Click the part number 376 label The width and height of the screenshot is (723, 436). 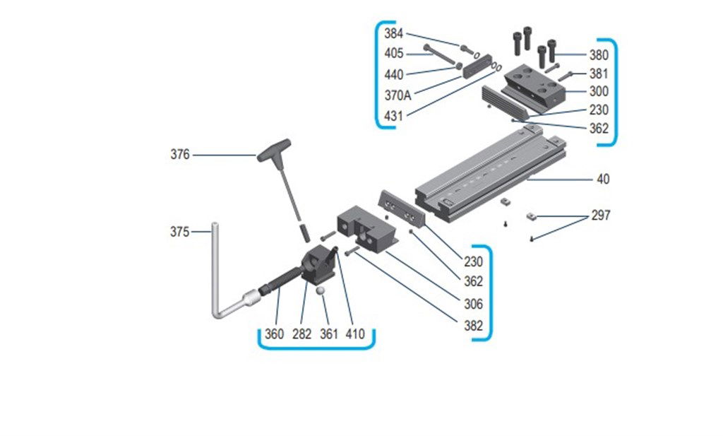(x=180, y=155)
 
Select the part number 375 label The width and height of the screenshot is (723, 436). (x=180, y=231)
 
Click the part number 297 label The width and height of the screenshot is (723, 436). (x=602, y=215)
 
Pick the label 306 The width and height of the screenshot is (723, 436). (x=473, y=305)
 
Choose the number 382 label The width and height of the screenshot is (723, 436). (x=473, y=326)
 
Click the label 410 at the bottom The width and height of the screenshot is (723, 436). (x=355, y=334)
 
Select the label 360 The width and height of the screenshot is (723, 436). (x=273, y=334)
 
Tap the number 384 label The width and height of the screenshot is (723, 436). (x=394, y=33)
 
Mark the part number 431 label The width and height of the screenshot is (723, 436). (x=394, y=116)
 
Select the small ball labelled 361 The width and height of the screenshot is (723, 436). (x=321, y=291)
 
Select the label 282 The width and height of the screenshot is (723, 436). (x=301, y=334)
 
